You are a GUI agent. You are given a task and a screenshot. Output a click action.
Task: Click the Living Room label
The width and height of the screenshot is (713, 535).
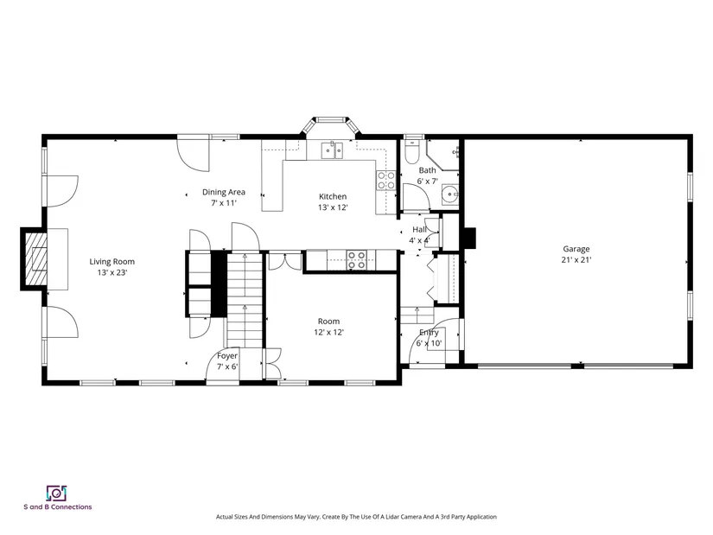[x=111, y=262]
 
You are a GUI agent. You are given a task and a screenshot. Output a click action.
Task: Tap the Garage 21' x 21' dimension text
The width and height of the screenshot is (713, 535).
[x=576, y=260]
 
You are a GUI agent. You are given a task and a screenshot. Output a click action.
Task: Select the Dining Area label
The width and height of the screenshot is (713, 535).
[x=223, y=192]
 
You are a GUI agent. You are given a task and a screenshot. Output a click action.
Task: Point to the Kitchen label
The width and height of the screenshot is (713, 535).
[x=333, y=196]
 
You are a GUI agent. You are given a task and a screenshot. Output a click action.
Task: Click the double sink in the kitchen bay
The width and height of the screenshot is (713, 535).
[x=332, y=150]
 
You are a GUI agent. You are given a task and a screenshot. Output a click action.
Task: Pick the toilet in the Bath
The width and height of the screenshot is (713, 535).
[x=412, y=152]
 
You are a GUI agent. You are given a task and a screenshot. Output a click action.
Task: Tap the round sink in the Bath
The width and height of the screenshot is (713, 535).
[x=450, y=194]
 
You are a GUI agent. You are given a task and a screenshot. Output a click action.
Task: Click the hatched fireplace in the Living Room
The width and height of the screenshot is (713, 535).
[x=36, y=258]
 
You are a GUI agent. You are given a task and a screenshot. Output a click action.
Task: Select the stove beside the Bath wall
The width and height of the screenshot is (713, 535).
[x=385, y=180]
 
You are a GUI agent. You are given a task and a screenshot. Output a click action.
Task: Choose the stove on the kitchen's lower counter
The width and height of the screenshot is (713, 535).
[x=356, y=260]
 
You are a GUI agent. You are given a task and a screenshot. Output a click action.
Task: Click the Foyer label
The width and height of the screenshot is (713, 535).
[x=227, y=356]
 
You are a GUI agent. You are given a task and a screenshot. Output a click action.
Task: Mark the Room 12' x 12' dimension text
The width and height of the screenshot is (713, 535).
[x=328, y=332]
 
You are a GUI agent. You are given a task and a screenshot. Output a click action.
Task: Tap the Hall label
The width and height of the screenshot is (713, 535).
[x=419, y=229]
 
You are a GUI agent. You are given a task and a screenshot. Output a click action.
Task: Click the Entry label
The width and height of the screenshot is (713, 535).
[x=429, y=332]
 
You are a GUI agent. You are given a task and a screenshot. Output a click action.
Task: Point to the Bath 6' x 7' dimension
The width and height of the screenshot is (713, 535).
[x=428, y=181]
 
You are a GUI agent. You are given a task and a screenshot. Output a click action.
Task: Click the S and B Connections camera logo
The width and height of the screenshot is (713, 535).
[x=56, y=494]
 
